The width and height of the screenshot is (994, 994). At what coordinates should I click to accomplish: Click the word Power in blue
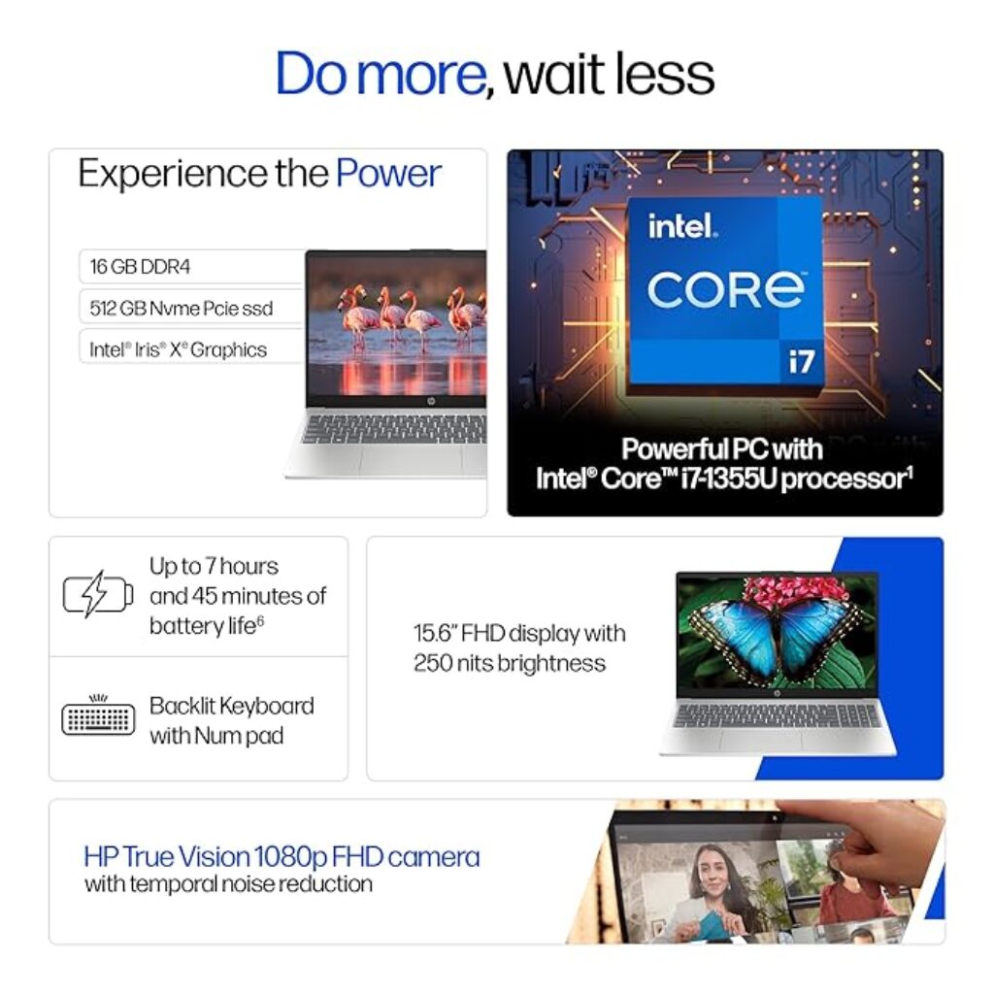coord(388,173)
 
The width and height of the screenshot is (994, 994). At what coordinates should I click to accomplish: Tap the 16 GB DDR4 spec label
coord(140,266)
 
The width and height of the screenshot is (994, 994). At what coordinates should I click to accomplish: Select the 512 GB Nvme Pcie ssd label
coord(182,308)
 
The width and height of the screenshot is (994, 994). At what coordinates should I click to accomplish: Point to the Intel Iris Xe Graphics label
coord(179,349)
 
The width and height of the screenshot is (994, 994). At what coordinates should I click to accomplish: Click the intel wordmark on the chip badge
coord(682,225)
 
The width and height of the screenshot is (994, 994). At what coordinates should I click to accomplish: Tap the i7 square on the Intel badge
coord(802,361)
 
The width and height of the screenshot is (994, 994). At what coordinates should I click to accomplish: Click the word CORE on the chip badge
coord(726,289)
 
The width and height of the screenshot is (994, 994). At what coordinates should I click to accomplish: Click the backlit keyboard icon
coord(98,716)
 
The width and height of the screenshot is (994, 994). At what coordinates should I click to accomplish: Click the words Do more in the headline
coord(381,74)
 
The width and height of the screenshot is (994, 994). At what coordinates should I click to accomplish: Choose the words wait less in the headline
coord(610,75)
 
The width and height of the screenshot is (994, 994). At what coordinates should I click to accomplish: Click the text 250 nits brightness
coord(509,663)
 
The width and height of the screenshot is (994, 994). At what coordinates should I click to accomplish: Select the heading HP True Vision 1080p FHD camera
coord(282,856)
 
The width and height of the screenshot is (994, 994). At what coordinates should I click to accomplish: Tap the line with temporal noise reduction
coord(228,883)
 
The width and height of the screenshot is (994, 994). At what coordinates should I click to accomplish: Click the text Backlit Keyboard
coord(231,706)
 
